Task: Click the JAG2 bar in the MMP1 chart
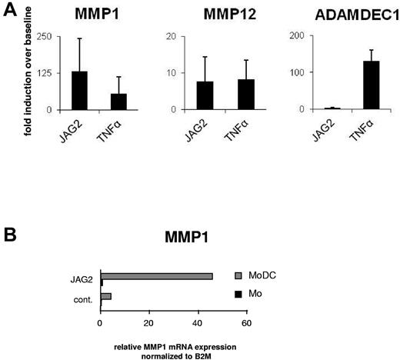(79, 91)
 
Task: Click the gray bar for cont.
(106, 295)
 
